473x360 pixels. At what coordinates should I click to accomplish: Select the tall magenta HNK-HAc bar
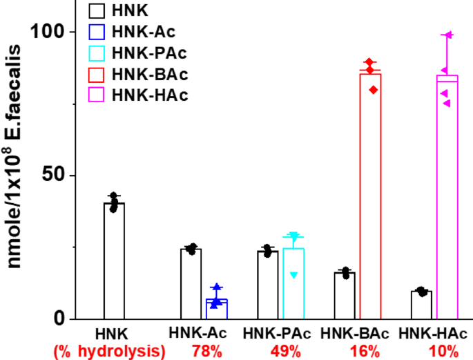[x=447, y=197]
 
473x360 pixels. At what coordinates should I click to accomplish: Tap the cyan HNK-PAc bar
[x=293, y=283]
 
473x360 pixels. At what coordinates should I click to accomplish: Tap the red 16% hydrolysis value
[x=360, y=351]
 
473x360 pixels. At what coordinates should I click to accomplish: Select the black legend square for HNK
[x=97, y=10]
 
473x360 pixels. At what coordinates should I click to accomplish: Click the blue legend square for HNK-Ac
[x=97, y=31]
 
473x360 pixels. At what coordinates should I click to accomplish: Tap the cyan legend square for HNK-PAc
[x=97, y=53]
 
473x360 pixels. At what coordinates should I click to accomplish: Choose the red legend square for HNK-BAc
[x=97, y=73]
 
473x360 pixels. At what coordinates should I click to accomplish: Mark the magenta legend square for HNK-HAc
[x=97, y=95]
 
